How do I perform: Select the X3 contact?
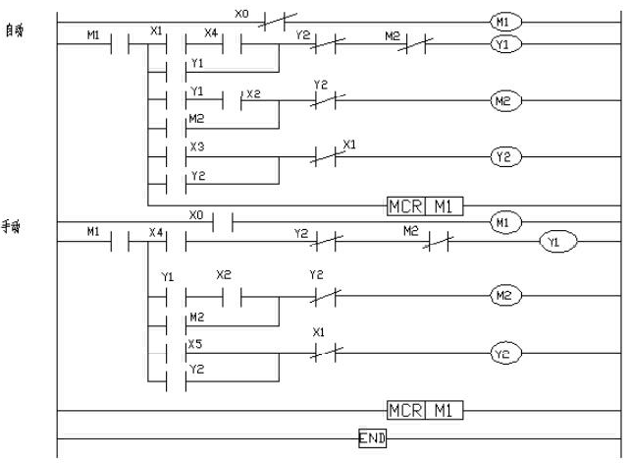click(x=189, y=157)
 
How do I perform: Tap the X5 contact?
click(x=189, y=353)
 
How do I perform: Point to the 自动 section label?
click(x=14, y=32)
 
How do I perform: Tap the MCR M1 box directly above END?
click(x=423, y=409)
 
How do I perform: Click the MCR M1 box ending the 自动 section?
click(x=423, y=206)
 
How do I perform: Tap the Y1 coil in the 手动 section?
click(x=557, y=242)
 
